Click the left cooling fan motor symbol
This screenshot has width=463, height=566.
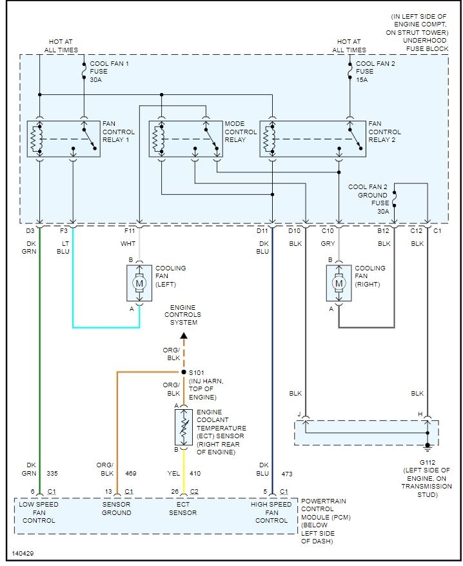139,282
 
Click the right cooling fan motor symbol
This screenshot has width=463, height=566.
339,282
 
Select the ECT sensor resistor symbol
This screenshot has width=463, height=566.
184,427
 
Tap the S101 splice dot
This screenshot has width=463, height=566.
184,372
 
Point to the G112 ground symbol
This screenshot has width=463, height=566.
427,445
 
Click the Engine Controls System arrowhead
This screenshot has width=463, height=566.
184,334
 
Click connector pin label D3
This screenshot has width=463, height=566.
30,230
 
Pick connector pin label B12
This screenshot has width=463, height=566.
384,230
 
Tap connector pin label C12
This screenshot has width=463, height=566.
416,230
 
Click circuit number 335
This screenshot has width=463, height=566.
54,474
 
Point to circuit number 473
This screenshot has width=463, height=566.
287,474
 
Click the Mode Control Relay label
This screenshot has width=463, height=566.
241,132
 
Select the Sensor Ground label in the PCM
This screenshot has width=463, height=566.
116,509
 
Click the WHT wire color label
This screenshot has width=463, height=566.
127,244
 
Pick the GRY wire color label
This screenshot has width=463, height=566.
328,244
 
